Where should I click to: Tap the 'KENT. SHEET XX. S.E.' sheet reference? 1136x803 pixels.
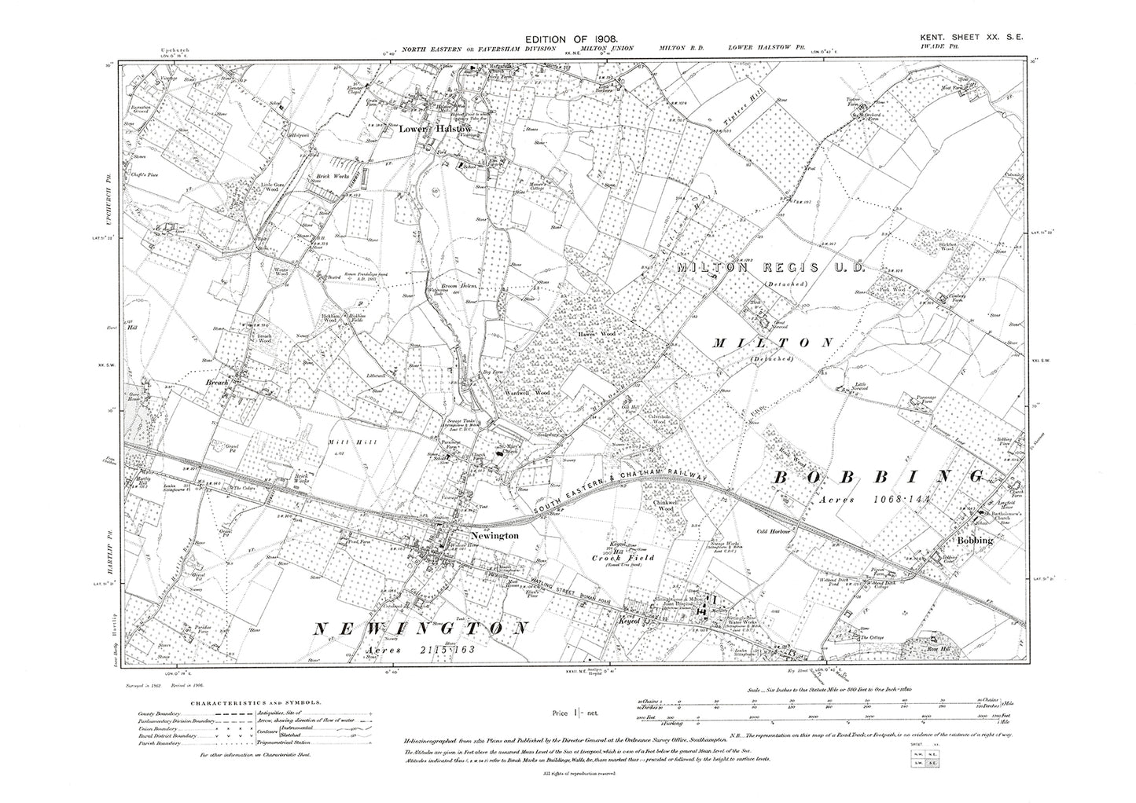(975, 38)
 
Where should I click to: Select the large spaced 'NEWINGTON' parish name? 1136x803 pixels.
(420, 629)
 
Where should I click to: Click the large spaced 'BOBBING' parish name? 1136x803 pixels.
(881, 477)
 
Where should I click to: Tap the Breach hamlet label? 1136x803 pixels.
(216, 383)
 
